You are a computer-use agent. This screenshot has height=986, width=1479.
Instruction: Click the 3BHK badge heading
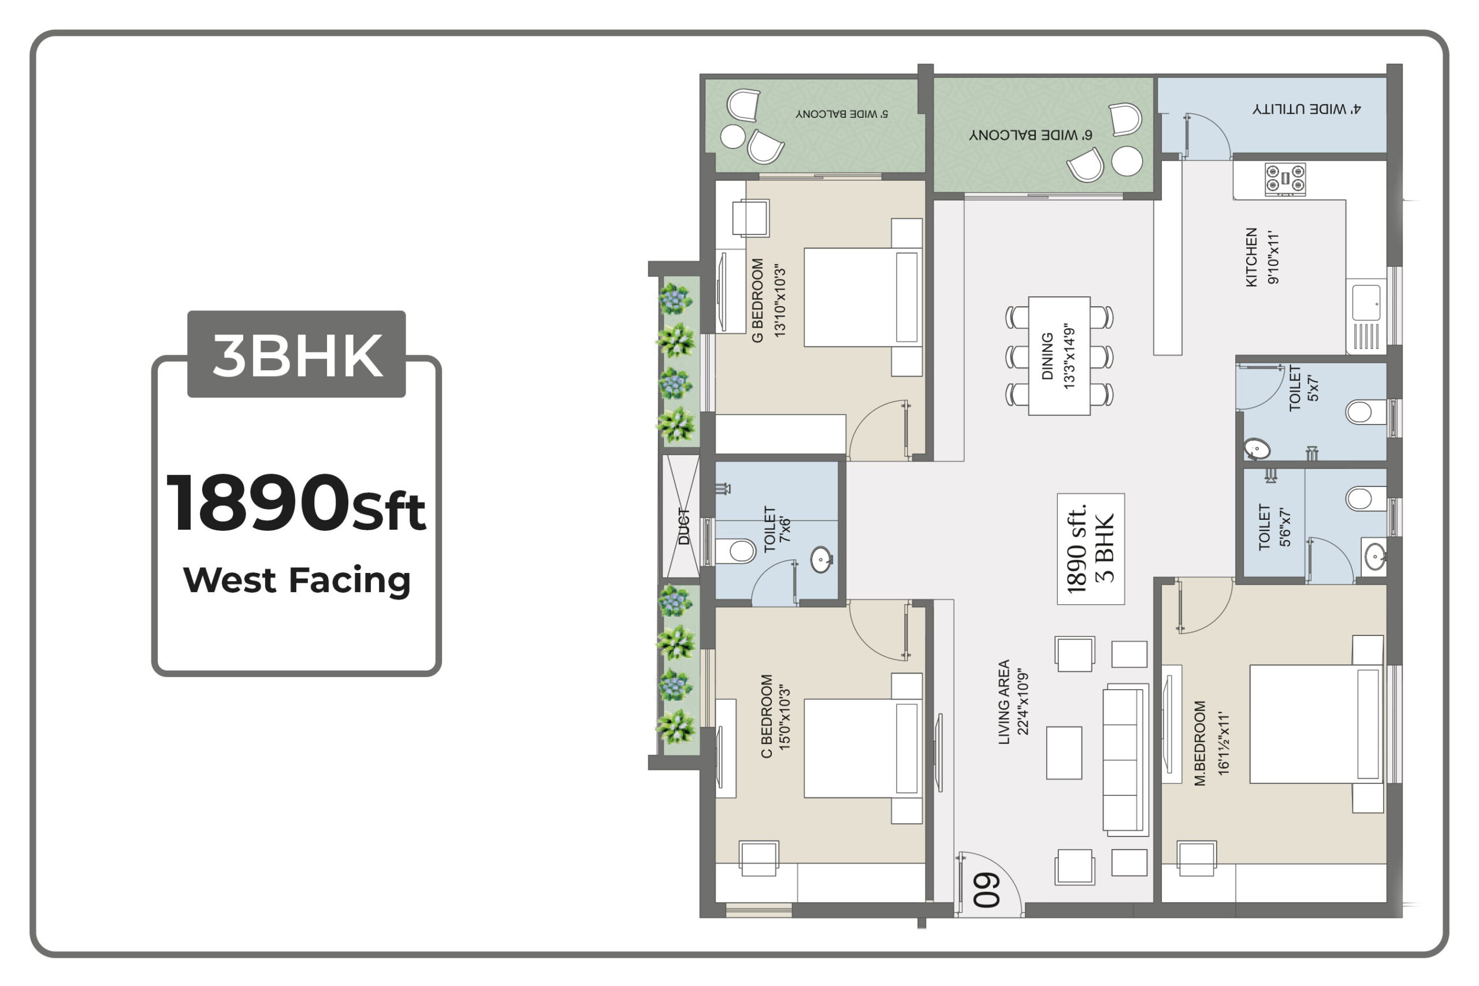coord(297,355)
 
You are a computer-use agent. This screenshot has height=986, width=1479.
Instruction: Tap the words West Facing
coord(297,580)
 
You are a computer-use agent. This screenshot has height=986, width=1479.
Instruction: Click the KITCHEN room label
coord(1251,257)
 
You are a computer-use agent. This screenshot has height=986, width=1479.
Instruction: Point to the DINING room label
coord(1047,356)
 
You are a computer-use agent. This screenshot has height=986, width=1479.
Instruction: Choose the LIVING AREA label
coord(1004,702)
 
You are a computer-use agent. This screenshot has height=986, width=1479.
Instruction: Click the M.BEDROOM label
coord(1200,743)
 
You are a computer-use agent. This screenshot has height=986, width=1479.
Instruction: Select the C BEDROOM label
coord(767,716)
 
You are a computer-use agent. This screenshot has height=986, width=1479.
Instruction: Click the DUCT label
coord(684,526)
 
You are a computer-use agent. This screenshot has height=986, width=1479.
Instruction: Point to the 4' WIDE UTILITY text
coord(1306,109)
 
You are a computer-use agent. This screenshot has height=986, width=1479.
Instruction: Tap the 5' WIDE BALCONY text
coord(841,114)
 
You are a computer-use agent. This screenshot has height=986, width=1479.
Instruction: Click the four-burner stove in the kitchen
coord(1285,178)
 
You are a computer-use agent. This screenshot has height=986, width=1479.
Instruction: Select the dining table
coord(1059,356)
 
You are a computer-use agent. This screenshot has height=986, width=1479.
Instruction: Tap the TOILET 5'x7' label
coord(1303,388)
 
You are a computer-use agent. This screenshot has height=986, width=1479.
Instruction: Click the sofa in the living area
coord(1125,760)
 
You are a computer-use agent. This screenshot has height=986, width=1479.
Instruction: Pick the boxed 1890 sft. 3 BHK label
coord(1090,549)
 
